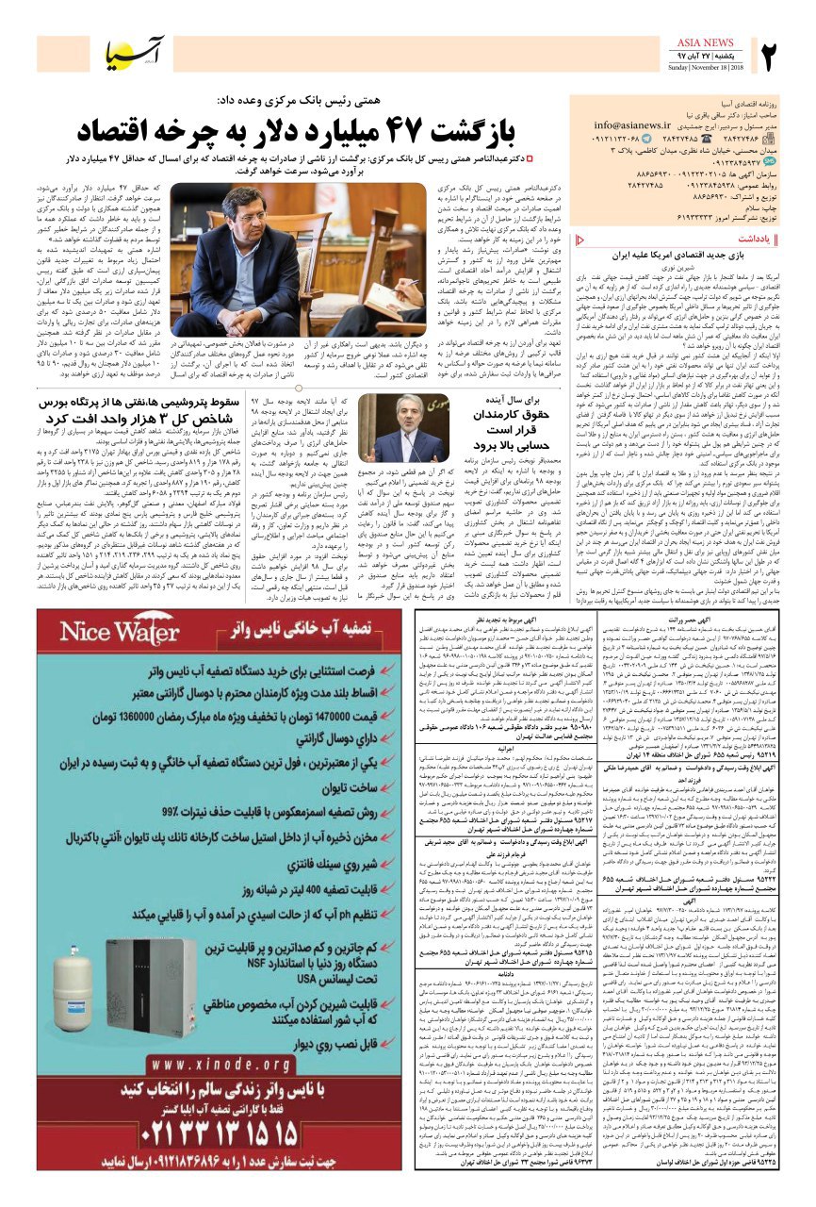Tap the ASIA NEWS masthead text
pyautogui.click(x=705, y=42)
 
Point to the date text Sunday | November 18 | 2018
pyautogui.click(x=705, y=69)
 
